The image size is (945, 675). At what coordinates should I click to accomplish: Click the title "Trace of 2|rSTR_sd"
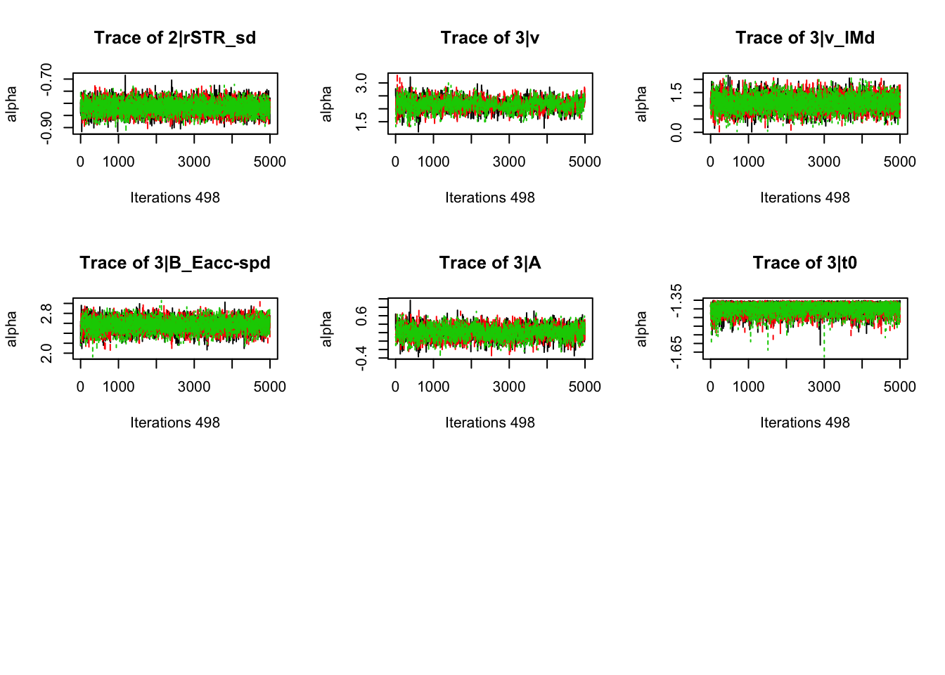point(175,38)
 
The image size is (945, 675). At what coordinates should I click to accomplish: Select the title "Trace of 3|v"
point(490,38)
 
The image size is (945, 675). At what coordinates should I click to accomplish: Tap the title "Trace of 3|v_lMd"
point(805,38)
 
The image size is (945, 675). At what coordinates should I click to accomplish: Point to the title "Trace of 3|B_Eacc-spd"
point(175,263)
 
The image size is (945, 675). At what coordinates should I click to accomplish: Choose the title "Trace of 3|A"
point(490,263)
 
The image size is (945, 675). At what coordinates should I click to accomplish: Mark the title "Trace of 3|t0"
point(805,263)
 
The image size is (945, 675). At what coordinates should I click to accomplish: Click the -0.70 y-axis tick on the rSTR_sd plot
point(46,79)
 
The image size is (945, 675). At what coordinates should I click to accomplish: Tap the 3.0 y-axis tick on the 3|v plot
point(361,83)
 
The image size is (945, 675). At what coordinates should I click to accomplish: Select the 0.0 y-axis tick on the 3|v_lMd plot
point(676,131)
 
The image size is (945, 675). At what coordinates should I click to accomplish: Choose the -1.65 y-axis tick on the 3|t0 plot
point(676,352)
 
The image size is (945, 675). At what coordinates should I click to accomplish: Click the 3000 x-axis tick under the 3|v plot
point(509,162)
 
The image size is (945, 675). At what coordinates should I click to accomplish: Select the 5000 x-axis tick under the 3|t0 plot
point(899,387)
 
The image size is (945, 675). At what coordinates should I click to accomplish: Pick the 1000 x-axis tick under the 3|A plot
point(433,387)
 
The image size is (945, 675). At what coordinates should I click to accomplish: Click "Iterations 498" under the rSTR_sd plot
point(175,198)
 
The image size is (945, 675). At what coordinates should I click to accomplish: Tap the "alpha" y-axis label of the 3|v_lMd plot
point(641,103)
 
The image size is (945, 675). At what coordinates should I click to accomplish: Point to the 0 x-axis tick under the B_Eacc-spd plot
point(80,387)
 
